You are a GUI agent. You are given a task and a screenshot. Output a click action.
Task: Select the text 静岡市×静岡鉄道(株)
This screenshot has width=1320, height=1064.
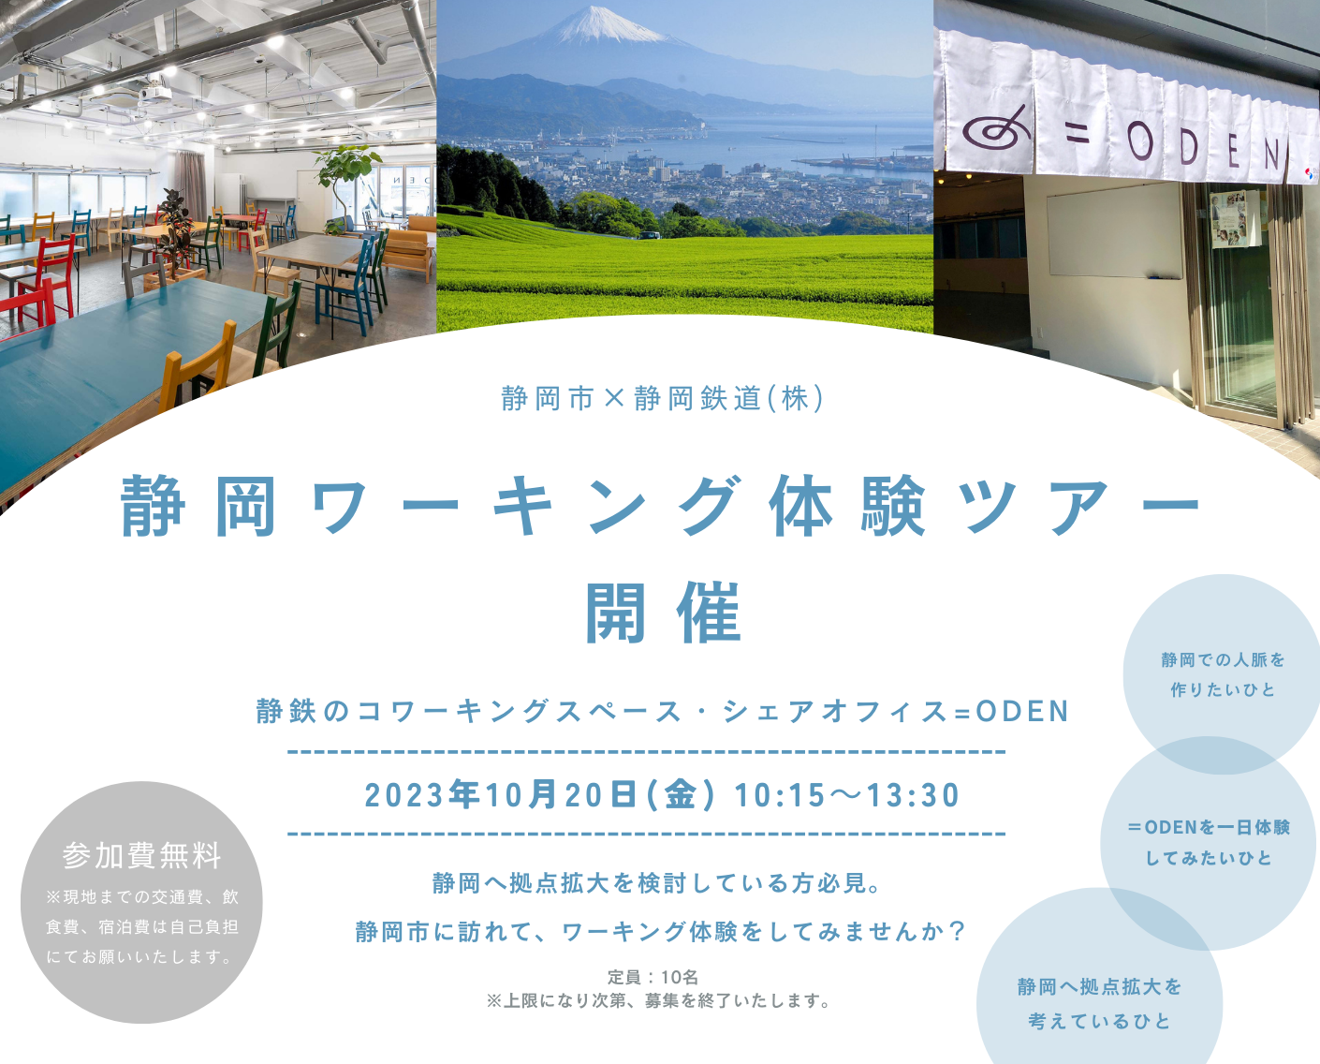click(x=663, y=398)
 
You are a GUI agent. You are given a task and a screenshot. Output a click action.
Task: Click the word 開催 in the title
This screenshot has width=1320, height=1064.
click(x=664, y=613)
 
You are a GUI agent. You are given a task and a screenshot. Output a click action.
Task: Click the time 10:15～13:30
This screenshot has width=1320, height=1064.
click(x=847, y=795)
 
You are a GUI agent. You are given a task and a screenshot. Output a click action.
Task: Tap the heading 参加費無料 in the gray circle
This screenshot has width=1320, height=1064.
click(x=141, y=855)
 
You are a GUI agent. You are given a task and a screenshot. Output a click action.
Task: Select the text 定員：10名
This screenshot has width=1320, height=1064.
click(x=653, y=977)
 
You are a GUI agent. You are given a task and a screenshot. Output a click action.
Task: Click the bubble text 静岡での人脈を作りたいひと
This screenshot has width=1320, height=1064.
click(x=1223, y=675)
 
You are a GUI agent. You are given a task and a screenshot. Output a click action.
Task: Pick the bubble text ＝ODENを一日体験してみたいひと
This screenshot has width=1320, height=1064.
click(x=1209, y=842)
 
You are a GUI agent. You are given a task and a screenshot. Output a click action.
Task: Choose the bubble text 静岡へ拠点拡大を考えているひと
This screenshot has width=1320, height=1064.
click(x=1099, y=1004)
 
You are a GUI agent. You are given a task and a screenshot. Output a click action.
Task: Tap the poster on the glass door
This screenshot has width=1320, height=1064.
click(x=1233, y=218)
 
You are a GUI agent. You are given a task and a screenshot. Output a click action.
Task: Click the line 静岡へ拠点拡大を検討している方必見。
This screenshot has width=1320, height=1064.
click(x=659, y=883)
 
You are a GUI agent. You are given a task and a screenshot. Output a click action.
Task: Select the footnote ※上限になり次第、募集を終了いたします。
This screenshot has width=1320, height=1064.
click(x=659, y=1001)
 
